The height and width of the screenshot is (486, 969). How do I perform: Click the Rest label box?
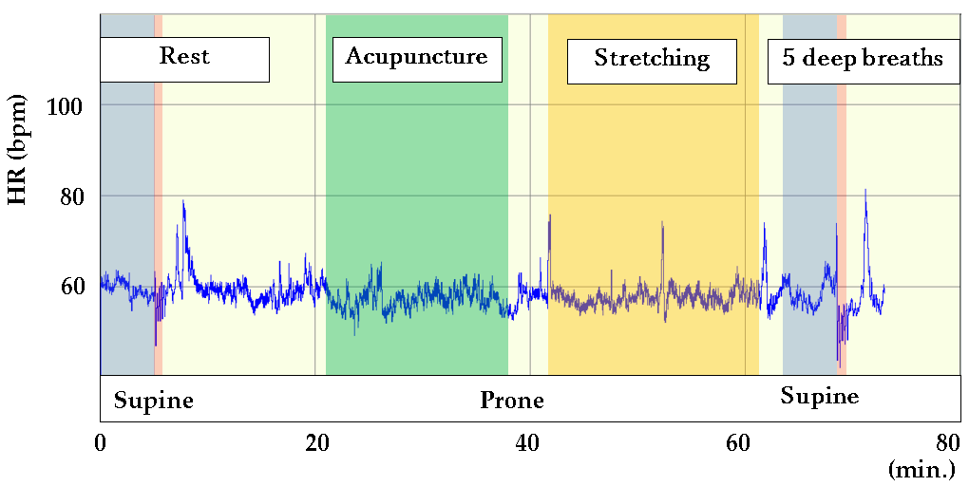click(x=184, y=57)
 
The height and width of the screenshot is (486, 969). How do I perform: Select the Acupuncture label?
click(x=416, y=57)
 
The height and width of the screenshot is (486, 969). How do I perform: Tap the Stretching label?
click(x=652, y=59)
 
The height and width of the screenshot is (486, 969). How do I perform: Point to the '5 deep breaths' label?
click(x=863, y=59)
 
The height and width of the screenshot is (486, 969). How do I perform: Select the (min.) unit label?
click(x=922, y=468)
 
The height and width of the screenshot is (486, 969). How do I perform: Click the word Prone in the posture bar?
click(x=511, y=401)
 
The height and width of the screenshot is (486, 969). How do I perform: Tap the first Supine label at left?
click(x=153, y=401)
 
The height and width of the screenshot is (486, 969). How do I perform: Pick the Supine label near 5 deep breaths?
click(x=819, y=396)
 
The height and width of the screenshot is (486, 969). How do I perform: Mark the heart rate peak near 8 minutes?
click(x=183, y=203)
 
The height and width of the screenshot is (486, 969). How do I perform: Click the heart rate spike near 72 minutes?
click(x=864, y=192)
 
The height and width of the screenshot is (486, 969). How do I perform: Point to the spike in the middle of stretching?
click(x=662, y=224)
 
